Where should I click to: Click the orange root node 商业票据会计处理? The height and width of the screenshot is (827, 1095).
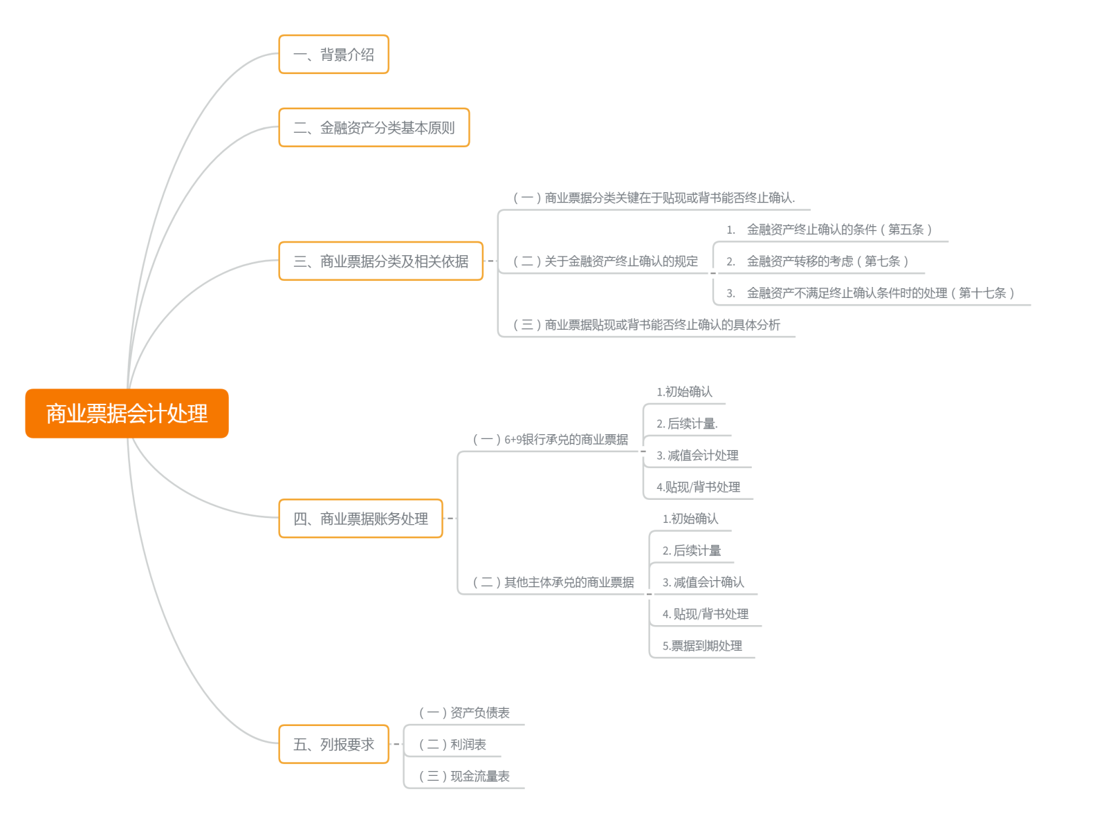pos(127,413)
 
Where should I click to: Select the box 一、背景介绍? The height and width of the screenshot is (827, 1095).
pos(333,55)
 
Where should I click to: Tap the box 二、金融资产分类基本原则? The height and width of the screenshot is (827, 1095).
pos(374,128)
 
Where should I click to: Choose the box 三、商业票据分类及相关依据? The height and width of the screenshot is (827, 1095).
pos(380,261)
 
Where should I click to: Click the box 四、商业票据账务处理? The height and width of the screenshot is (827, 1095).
pos(360,519)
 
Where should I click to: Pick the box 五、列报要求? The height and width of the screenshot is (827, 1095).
pos(333,745)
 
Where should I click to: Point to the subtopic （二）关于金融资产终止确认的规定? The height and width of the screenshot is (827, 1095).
pos(605,261)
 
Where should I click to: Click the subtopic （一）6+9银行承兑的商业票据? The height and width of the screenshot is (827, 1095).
pos(551,440)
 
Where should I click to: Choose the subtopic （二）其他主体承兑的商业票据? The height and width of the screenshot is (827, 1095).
pos(553,582)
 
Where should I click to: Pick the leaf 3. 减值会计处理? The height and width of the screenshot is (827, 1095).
pos(697,456)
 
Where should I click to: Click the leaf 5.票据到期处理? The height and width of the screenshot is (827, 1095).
pos(702,646)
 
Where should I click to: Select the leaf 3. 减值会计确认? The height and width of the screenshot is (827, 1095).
pos(703,582)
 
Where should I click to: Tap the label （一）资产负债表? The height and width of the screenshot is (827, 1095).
pos(465,713)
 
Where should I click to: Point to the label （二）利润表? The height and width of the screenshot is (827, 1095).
pos(453,745)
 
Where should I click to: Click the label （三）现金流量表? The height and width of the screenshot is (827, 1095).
pos(465,777)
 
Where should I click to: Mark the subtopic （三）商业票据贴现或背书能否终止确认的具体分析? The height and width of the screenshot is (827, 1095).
pos(647,325)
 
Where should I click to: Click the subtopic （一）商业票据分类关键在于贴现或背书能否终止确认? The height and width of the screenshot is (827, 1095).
pos(654,198)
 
